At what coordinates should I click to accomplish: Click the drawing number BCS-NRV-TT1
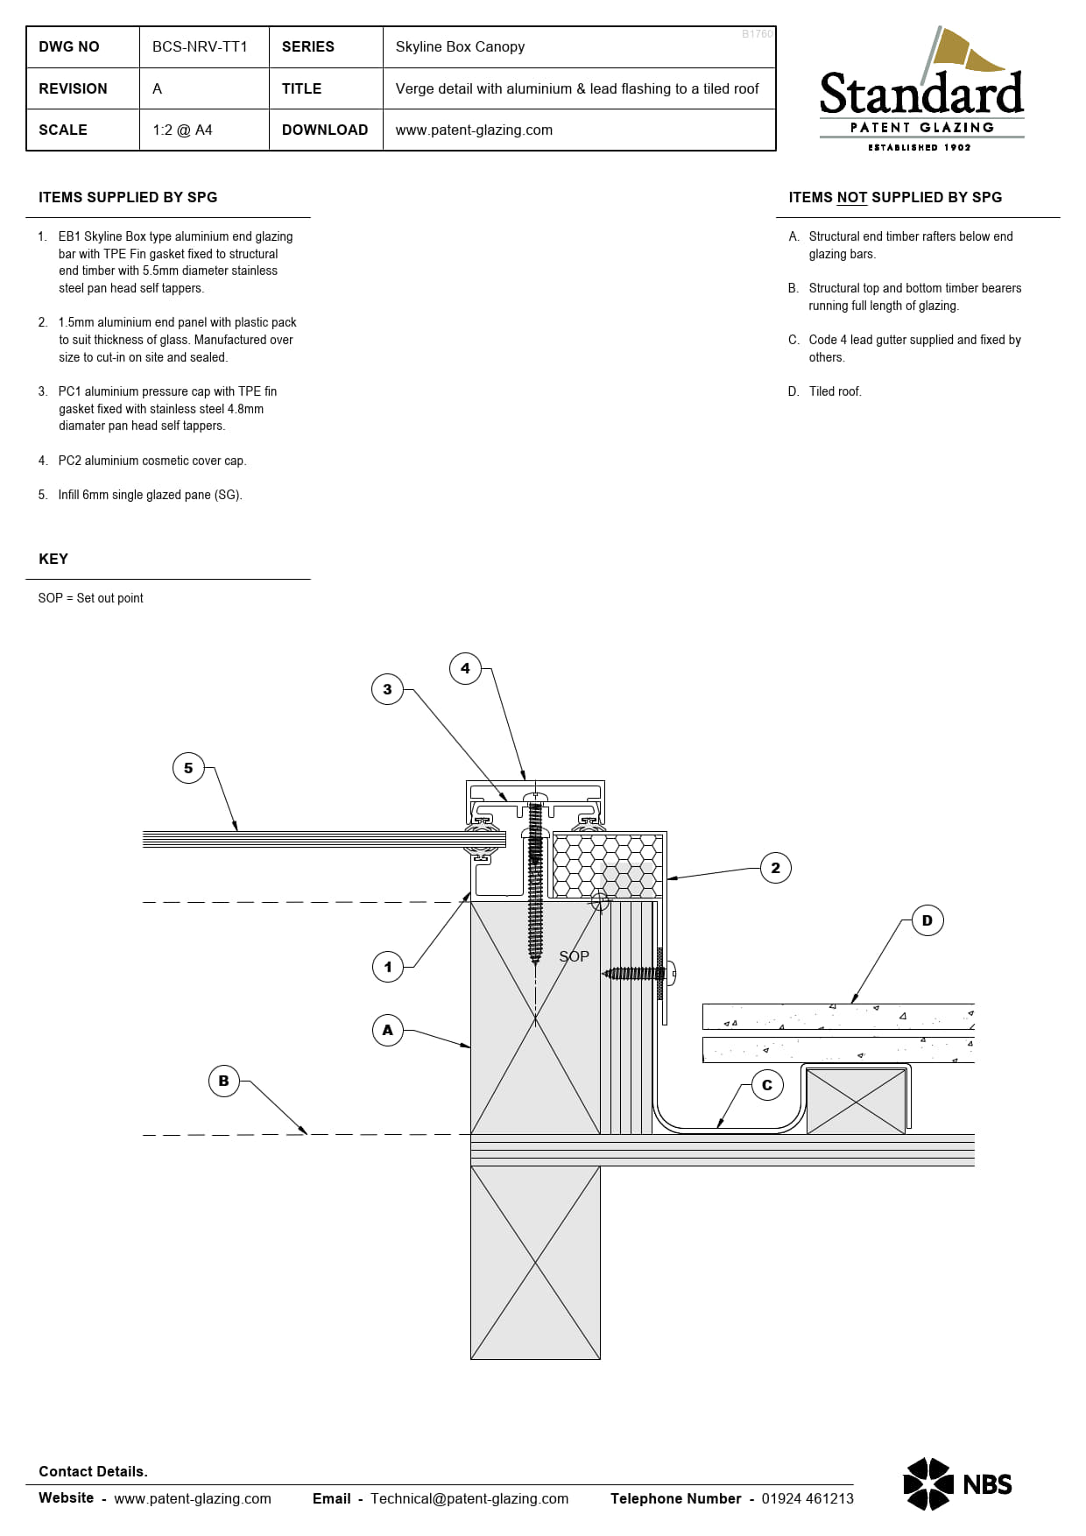click(x=200, y=46)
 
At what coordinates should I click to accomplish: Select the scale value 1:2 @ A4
click(x=182, y=130)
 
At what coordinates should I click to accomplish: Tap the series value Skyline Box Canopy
click(x=460, y=46)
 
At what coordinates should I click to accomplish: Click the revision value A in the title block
click(x=157, y=88)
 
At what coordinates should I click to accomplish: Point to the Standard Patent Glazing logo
click(x=921, y=92)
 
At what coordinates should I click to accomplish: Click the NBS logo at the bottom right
click(x=957, y=1483)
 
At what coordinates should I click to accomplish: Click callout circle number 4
click(x=465, y=668)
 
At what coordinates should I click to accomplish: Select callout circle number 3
click(x=387, y=689)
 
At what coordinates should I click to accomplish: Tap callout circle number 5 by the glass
click(x=188, y=768)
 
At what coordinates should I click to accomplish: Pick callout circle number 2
click(x=775, y=868)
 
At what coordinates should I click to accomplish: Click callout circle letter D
click(x=927, y=920)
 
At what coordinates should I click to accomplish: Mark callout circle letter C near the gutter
click(x=767, y=1085)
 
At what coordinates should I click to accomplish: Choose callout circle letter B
click(x=223, y=1081)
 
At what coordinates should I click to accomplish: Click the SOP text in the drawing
click(x=574, y=956)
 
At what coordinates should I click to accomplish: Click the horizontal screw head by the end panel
click(x=671, y=972)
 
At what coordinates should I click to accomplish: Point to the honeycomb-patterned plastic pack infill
click(x=606, y=865)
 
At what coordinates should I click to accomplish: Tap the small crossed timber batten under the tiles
click(x=856, y=1101)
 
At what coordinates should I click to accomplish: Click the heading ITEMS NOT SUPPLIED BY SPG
click(x=895, y=197)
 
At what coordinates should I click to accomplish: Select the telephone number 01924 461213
click(x=807, y=1498)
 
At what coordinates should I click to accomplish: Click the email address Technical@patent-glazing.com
click(x=469, y=1498)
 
